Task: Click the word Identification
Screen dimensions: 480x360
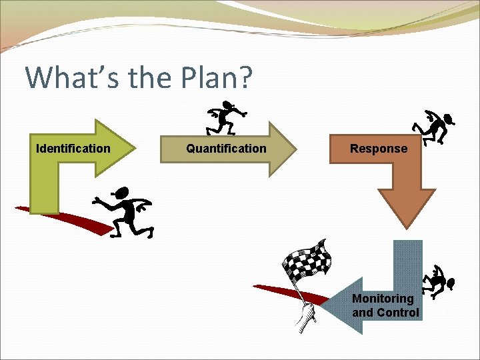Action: [73, 149]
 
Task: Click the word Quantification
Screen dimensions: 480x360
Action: [226, 149]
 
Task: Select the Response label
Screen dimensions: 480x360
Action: [379, 149]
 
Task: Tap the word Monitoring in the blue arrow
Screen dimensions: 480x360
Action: [383, 299]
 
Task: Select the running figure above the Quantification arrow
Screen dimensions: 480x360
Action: [225, 117]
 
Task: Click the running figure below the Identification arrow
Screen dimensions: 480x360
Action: [125, 211]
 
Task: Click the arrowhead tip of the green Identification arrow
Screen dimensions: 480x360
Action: [135, 147]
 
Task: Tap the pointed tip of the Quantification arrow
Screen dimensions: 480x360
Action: [295, 148]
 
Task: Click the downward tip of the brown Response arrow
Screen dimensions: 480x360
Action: [407, 227]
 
